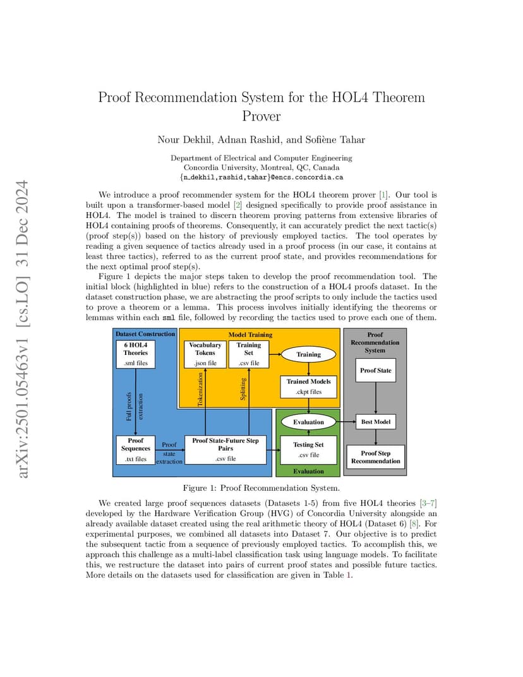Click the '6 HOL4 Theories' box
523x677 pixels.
(136, 354)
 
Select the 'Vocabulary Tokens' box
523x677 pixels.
(205, 354)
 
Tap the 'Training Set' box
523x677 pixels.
(249, 354)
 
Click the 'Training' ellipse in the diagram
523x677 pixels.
(308, 354)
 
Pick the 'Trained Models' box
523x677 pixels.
(309, 386)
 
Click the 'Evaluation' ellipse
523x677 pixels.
(308, 422)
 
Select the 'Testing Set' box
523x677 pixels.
(308, 450)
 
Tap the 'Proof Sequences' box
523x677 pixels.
(136, 450)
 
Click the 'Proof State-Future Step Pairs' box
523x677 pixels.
(225, 450)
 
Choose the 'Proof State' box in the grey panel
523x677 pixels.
(376, 370)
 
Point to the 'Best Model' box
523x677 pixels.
(376, 422)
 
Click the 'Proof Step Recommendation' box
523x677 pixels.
(376, 457)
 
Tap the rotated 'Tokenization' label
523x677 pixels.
(200, 390)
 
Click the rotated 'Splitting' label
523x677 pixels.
(243, 389)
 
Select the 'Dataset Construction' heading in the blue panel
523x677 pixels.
(145, 333)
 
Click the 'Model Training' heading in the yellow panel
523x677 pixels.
(251, 335)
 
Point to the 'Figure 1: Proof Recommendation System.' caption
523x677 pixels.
(261, 488)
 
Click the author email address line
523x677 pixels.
(261, 177)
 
